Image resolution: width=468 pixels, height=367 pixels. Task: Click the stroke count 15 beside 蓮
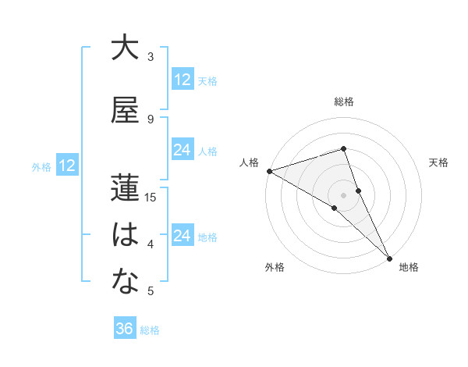(151, 198)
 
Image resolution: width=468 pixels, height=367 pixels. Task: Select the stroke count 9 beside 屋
(151, 119)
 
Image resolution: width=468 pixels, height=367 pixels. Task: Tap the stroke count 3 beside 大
(151, 57)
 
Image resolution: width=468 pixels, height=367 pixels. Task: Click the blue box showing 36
(125, 329)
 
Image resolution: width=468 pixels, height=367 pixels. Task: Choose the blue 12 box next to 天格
(183, 80)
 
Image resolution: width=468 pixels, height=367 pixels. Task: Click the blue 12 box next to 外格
(66, 166)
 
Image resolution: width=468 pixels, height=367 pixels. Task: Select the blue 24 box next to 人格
(183, 150)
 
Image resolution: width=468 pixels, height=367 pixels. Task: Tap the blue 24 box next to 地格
(183, 236)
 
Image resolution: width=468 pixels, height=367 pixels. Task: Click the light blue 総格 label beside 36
(150, 330)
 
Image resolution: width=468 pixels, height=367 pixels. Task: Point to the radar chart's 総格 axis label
(344, 102)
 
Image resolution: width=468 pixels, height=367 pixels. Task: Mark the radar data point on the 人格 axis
(269, 170)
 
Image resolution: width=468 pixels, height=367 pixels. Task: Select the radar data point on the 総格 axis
(344, 149)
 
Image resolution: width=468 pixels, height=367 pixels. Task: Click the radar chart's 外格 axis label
(275, 268)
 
